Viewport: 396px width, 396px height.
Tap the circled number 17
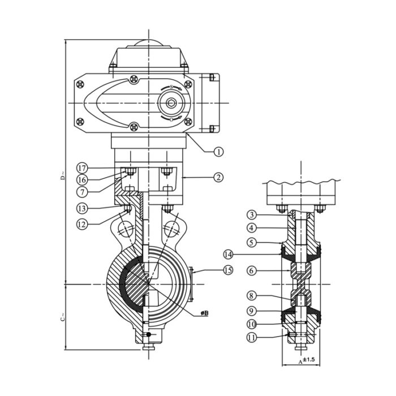pyautogui.click(x=83, y=168)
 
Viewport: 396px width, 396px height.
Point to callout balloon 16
pyautogui.click(x=83, y=179)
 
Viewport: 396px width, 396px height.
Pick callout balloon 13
pyautogui.click(x=83, y=208)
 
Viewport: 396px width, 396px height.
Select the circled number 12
pyautogui.click(x=83, y=224)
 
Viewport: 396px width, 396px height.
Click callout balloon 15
pyautogui.click(x=227, y=271)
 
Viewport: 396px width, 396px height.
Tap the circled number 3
pyautogui.click(x=252, y=214)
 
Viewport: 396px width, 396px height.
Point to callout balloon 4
pyautogui.click(x=252, y=228)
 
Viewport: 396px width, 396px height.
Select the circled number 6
pyautogui.click(x=252, y=271)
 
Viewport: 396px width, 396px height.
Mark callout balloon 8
pyautogui.click(x=252, y=295)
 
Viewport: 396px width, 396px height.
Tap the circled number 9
pyautogui.click(x=252, y=310)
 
